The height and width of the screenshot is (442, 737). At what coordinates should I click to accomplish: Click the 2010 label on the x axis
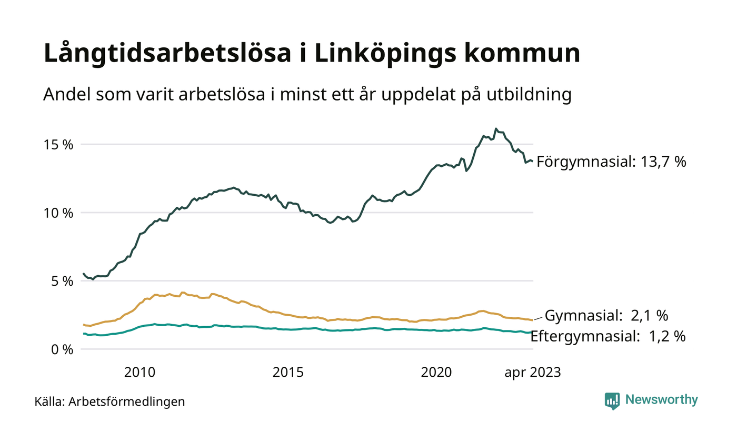click(x=140, y=373)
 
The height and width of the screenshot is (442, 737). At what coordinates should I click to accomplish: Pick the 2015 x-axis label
click(x=288, y=373)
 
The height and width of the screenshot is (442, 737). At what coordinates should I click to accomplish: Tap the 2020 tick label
click(x=437, y=373)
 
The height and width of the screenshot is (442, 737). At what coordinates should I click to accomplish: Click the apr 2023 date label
click(x=532, y=373)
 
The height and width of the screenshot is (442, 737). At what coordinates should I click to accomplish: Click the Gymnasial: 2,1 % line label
click(x=606, y=316)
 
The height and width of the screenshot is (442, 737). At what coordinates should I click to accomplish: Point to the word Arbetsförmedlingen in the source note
click(x=127, y=402)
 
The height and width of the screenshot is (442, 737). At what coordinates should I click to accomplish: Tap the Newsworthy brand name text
click(x=661, y=400)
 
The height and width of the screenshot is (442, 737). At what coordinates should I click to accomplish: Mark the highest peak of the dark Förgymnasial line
click(x=496, y=128)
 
